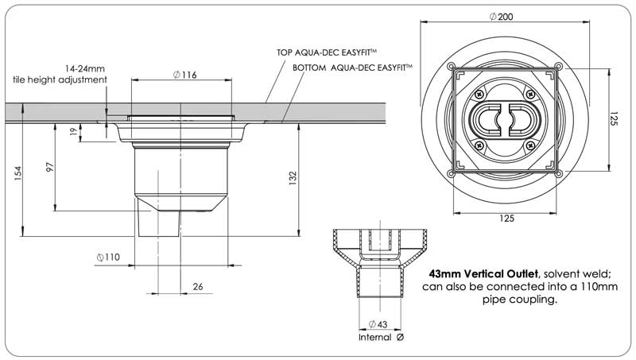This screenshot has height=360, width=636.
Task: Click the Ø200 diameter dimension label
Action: tap(501, 17)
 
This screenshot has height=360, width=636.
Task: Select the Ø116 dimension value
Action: tap(184, 75)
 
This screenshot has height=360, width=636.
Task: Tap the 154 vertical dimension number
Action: tap(17, 174)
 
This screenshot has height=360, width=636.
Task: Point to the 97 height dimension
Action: tap(49, 167)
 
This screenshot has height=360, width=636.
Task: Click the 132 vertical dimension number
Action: tap(293, 178)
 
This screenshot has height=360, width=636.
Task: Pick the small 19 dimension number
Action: tap(73, 131)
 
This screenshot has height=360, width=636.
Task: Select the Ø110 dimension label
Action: tap(108, 257)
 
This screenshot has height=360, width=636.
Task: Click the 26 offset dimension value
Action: tap(197, 287)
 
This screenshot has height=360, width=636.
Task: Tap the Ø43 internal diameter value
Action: tap(378, 324)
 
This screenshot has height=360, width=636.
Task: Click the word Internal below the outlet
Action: tap(375, 337)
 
